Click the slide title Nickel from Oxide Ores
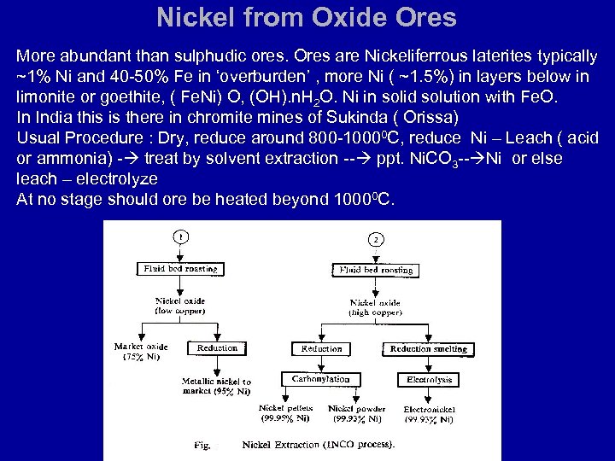[x=307, y=18]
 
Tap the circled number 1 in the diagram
[x=180, y=237]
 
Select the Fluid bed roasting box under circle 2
[x=376, y=270]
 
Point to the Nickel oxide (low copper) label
[x=180, y=306]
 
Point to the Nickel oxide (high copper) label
[x=375, y=307]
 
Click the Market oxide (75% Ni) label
[x=141, y=352]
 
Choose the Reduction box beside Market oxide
[x=217, y=348]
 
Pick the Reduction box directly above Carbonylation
[x=321, y=348]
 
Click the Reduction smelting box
[x=428, y=348]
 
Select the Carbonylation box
[x=320, y=379]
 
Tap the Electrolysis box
[x=429, y=379]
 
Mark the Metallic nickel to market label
[x=216, y=386]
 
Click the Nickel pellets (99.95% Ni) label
[x=285, y=414]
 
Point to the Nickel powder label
[x=356, y=414]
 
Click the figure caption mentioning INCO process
[x=318, y=445]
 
